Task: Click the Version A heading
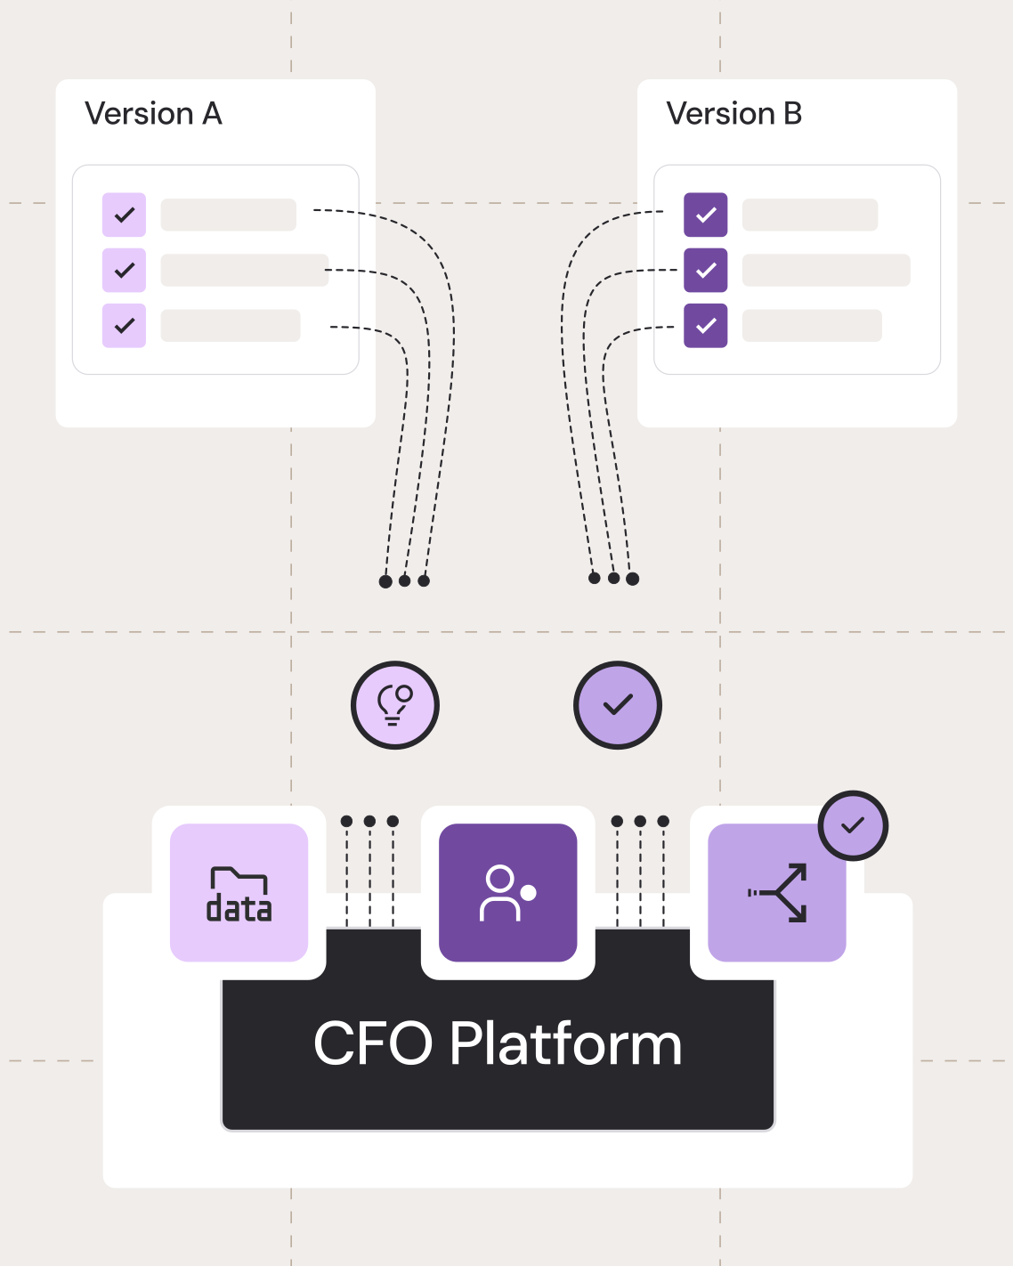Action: [153, 114]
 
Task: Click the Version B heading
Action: [734, 114]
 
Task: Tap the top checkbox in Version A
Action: [125, 215]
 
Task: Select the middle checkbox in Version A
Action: [125, 270]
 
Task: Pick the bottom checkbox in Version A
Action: [125, 325]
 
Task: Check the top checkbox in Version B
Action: [706, 215]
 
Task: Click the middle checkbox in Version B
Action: [706, 270]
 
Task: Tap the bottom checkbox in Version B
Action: [706, 325]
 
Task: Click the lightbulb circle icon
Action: [395, 705]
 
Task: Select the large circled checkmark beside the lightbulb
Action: [618, 705]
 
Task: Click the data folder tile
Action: [239, 892]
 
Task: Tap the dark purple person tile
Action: [508, 892]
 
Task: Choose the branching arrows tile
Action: [777, 892]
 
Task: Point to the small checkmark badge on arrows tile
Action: [853, 825]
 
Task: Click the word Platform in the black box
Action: [565, 1043]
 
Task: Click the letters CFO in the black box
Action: [373, 1043]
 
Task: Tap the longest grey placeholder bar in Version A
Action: [245, 270]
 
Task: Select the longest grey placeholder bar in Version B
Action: [826, 270]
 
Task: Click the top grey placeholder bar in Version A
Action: [229, 215]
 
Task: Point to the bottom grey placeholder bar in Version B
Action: [812, 325]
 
